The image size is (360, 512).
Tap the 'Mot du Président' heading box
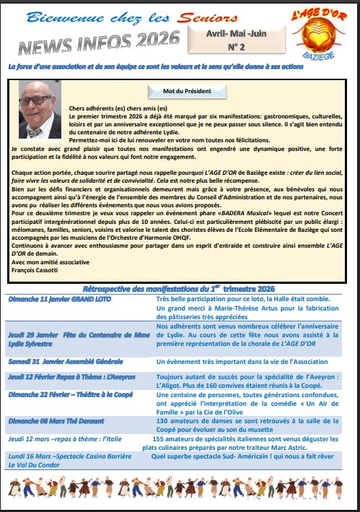[180, 92]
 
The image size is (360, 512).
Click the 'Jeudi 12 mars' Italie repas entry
[63, 438]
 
